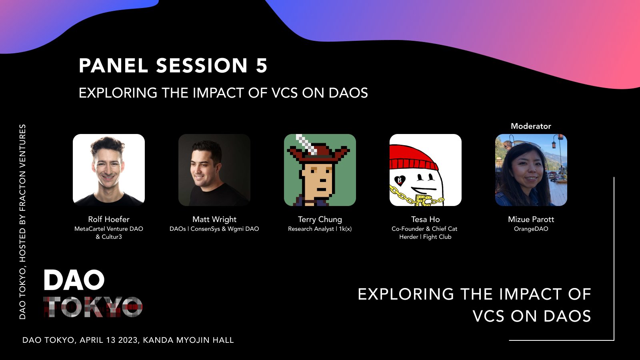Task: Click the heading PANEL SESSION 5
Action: [x=173, y=66]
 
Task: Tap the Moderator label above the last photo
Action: [x=531, y=126]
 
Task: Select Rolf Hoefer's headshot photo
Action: [x=109, y=170]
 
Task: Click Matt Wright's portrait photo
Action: [x=214, y=170]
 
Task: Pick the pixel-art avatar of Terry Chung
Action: [x=320, y=170]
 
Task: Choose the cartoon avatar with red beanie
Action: [x=426, y=170]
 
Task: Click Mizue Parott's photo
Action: [x=531, y=170]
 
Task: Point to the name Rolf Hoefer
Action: [x=109, y=219]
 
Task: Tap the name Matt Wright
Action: [x=214, y=219]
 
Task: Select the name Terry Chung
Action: [x=320, y=219]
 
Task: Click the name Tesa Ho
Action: [x=426, y=219]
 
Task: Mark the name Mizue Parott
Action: [x=531, y=219]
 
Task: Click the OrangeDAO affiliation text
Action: [x=531, y=229]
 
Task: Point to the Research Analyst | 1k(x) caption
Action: [x=320, y=229]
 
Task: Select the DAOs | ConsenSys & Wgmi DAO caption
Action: [x=214, y=229]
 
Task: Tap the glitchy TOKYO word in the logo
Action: [x=93, y=307]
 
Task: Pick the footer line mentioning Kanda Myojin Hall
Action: [x=128, y=340]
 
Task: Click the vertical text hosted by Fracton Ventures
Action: [x=22, y=222]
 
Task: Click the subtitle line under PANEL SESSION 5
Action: [x=223, y=93]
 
